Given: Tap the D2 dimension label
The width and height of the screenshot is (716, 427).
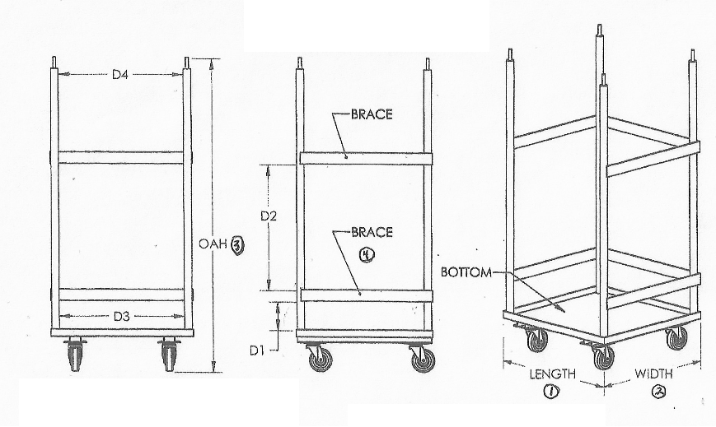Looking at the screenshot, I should (x=269, y=216).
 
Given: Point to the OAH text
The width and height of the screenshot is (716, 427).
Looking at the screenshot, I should (x=212, y=244).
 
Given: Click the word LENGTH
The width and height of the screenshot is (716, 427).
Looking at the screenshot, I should (x=552, y=374).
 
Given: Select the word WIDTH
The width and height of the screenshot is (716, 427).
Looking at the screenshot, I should (x=654, y=374).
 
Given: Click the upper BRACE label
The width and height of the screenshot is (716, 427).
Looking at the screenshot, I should (x=372, y=114).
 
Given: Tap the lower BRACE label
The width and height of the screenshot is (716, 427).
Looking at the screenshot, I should (x=372, y=233).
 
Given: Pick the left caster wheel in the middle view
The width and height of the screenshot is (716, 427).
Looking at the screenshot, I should (x=316, y=358).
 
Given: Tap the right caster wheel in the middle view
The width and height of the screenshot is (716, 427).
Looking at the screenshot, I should (x=422, y=358).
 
